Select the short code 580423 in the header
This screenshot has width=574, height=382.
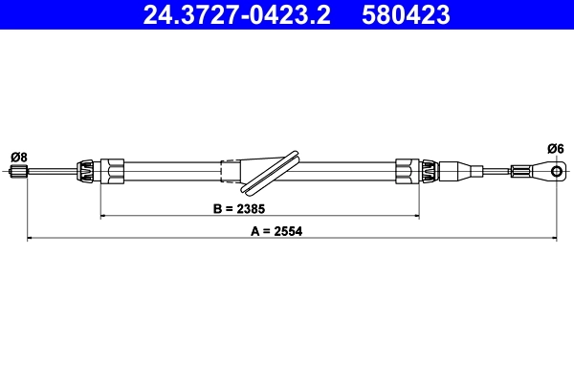click(406, 14)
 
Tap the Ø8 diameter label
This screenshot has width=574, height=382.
click(18, 157)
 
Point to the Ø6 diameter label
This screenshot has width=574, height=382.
click(556, 147)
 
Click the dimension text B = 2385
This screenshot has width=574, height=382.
click(239, 207)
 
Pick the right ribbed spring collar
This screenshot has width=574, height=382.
click(430, 172)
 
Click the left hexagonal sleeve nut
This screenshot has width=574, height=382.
click(113, 172)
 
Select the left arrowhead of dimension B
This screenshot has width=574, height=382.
click(104, 217)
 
